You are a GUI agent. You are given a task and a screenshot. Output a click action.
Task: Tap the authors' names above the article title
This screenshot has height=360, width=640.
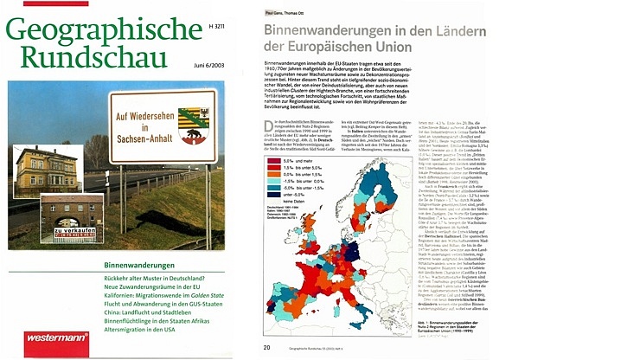tap(285, 14)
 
